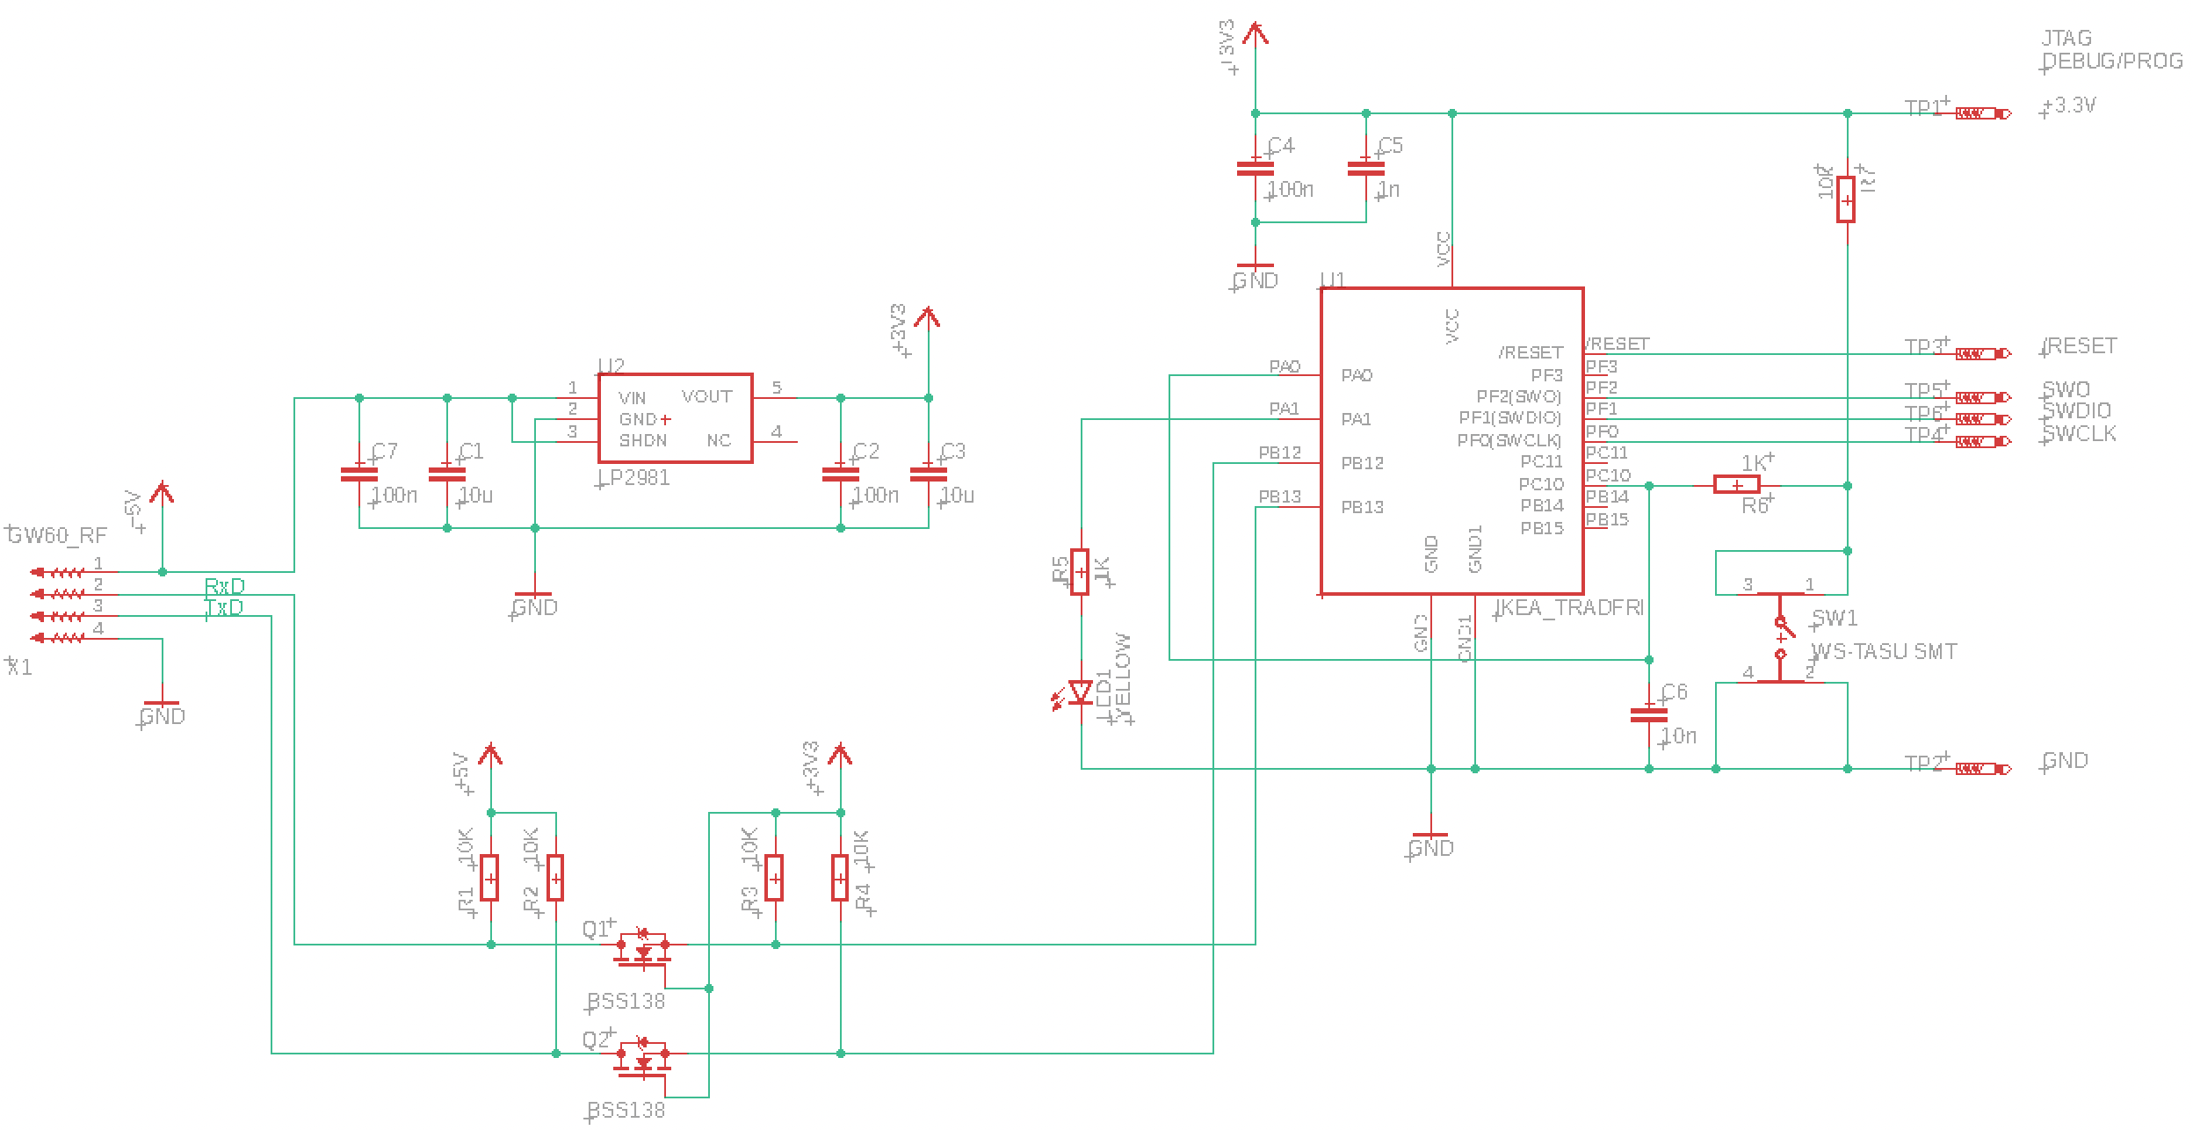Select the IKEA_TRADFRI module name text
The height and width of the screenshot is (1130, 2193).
pos(1569,608)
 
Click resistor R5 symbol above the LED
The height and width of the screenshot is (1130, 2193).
pos(1081,572)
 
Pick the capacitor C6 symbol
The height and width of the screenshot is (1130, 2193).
pos(1648,714)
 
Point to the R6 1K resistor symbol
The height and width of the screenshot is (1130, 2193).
pos(1736,485)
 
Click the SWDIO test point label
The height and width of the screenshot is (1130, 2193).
pos(2079,411)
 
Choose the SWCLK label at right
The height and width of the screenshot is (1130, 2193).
pos(2079,434)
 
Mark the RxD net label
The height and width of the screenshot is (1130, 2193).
pos(224,586)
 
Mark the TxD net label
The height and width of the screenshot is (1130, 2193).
pos(224,608)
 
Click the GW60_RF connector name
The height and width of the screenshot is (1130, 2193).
pos(58,536)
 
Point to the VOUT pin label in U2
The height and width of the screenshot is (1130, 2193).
pos(706,397)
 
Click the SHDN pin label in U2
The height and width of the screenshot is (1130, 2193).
pos(642,441)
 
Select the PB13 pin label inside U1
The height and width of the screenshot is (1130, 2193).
pos(1362,507)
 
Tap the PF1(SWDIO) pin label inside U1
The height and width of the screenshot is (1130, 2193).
pos(1509,418)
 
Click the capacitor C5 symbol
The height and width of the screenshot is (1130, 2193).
pos(1365,167)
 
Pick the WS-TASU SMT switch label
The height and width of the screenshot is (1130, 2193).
pos(1884,652)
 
